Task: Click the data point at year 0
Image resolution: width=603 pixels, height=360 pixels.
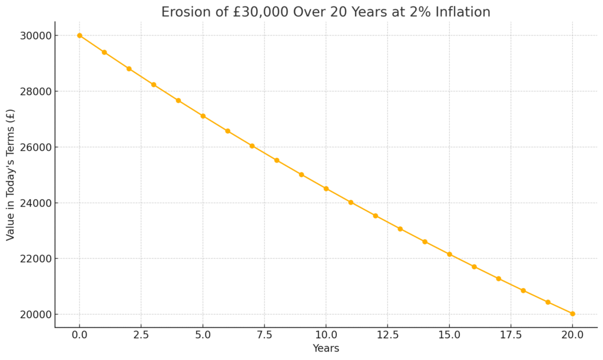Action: (x=79, y=35)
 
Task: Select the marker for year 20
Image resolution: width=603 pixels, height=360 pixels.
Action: (x=572, y=314)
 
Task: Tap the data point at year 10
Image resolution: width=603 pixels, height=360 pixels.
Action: (x=326, y=189)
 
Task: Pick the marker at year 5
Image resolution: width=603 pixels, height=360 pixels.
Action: (x=203, y=115)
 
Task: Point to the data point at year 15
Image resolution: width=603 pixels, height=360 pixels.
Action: (x=449, y=254)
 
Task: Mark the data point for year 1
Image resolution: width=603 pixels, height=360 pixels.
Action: (x=104, y=52)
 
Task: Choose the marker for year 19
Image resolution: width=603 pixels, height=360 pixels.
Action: (x=548, y=302)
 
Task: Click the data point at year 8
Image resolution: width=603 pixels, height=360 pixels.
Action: (x=277, y=160)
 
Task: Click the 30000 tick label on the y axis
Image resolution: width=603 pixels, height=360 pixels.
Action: (x=35, y=36)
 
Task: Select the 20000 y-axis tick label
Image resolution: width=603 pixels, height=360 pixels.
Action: (x=35, y=315)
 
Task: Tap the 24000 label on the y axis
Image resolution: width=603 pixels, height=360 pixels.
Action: (x=35, y=203)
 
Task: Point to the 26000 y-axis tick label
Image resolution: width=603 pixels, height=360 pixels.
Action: (x=35, y=147)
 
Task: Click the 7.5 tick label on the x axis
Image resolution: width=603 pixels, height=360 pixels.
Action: (x=264, y=335)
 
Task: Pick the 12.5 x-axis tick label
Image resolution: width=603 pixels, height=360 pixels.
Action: (x=387, y=335)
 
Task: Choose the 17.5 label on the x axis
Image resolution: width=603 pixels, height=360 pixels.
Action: (x=511, y=335)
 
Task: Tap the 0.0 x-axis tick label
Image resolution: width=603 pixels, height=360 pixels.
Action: (x=79, y=335)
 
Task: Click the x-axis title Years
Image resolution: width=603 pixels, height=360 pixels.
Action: (x=326, y=348)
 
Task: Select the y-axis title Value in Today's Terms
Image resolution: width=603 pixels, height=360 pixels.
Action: (x=11, y=175)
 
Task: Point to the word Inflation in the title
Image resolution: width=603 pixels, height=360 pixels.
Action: (x=463, y=12)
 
